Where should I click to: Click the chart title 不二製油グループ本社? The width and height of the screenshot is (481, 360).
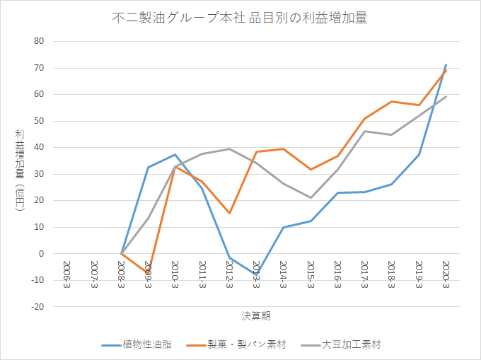click(x=178, y=18)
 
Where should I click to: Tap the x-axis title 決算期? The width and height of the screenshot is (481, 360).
click(x=256, y=316)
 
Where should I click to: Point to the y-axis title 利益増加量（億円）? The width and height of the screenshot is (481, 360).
click(x=20, y=170)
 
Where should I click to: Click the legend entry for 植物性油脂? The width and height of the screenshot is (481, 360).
click(x=137, y=344)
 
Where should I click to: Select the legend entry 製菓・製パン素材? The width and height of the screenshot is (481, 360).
click(x=236, y=344)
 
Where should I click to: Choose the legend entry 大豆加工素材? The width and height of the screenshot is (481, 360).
click(x=341, y=344)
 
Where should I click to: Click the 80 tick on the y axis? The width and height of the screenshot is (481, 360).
click(x=39, y=41)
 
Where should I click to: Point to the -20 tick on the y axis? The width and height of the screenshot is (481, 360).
click(x=37, y=307)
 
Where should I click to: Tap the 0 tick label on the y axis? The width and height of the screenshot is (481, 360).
click(x=42, y=254)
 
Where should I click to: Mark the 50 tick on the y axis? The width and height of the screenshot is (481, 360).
click(x=39, y=121)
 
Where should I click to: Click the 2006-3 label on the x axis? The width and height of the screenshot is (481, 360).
click(x=67, y=274)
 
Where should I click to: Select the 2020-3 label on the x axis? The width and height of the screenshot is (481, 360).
click(x=446, y=274)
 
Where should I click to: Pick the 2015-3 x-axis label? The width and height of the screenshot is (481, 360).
click(x=311, y=274)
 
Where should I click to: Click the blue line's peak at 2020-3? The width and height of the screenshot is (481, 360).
click(x=446, y=64)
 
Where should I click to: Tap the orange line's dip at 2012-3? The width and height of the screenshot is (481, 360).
click(x=229, y=213)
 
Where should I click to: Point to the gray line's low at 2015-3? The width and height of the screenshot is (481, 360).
click(x=311, y=198)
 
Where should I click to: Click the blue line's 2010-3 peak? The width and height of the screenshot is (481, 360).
click(x=175, y=155)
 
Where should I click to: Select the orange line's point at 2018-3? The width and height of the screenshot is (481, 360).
click(x=392, y=102)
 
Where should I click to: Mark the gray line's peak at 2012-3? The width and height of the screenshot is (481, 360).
click(x=229, y=149)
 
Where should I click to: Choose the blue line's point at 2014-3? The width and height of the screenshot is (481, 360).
click(x=284, y=227)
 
